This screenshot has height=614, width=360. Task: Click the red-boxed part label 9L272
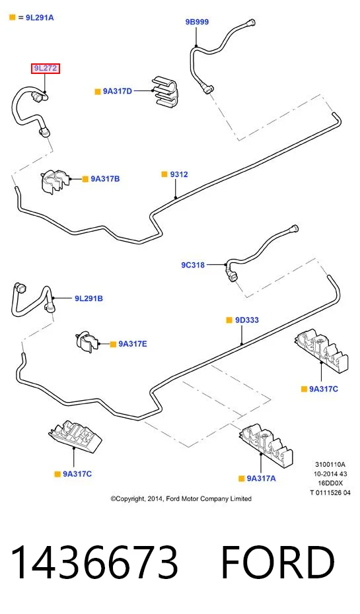[x=46, y=69]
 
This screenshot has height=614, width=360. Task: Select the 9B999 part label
[x=197, y=22]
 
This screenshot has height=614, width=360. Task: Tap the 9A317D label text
[x=118, y=91]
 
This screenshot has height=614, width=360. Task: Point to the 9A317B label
[x=106, y=179]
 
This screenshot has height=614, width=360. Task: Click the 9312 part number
[x=179, y=174]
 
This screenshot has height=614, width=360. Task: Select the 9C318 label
[x=193, y=265]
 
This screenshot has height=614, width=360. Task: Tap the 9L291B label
[x=89, y=298]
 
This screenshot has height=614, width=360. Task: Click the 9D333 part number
[x=247, y=320]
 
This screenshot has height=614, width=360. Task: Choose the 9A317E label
[x=133, y=344]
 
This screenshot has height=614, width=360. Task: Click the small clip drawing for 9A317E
[x=87, y=341]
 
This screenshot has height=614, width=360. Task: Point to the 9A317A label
[x=262, y=478]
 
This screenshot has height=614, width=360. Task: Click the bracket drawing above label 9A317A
[x=266, y=443]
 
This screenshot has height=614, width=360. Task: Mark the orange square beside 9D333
[x=230, y=320]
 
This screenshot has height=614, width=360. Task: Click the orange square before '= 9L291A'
[x=12, y=17]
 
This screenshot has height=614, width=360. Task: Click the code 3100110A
[x=330, y=464]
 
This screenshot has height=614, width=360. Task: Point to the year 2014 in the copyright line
[x=153, y=499]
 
